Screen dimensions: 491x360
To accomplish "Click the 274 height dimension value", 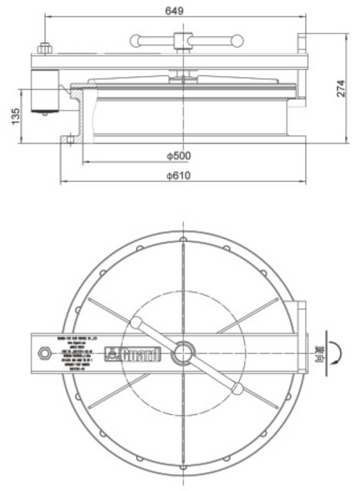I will click(x=340, y=89).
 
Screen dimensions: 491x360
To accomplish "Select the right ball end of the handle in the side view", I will click(x=238, y=41).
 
